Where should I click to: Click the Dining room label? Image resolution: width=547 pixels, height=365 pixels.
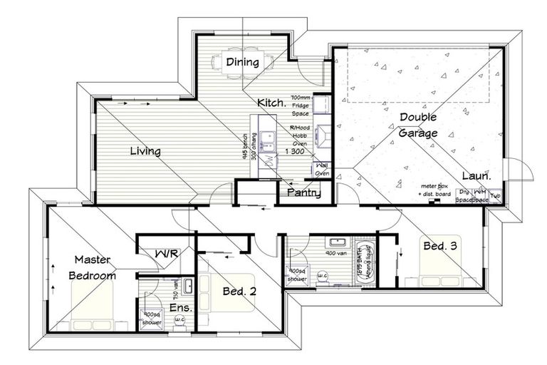[x=242, y=63]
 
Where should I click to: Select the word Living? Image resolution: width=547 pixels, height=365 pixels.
[x=145, y=151]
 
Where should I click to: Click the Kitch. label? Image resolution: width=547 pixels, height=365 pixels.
[x=271, y=102]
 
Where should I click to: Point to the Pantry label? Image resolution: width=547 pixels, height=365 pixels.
[x=303, y=193]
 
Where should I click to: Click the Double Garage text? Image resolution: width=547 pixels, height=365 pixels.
[x=418, y=124]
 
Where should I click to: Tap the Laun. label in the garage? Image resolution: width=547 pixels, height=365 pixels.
[x=475, y=176]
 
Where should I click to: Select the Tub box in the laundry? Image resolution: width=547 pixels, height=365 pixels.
[x=495, y=194]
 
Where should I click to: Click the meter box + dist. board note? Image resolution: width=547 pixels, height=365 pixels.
[x=437, y=187]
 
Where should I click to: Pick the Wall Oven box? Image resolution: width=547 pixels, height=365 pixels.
[x=321, y=169]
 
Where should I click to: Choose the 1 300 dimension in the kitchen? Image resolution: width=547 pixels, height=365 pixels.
[x=293, y=151]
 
